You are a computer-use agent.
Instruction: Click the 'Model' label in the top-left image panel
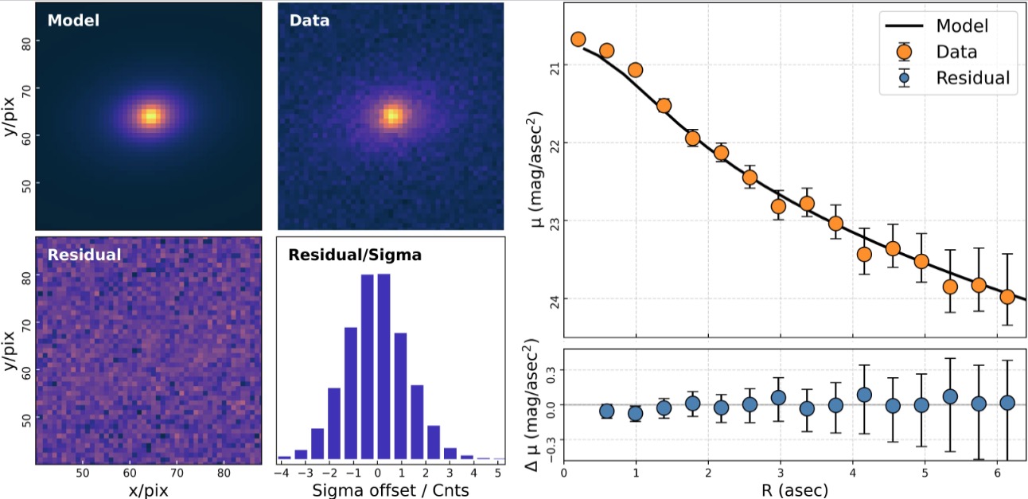[x=73, y=21]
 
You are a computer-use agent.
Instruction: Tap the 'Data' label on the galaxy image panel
[x=310, y=21]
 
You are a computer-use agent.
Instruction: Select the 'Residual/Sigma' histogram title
[x=355, y=255]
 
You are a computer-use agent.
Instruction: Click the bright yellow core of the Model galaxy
[x=150, y=116]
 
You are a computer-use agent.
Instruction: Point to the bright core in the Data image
[x=392, y=115]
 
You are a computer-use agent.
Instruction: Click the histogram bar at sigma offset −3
[x=317, y=444]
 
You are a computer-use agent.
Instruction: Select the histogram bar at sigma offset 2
[x=417, y=422]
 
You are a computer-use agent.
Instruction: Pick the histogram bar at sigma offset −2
[x=334, y=423]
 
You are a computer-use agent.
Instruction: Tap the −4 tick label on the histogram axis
[x=282, y=473]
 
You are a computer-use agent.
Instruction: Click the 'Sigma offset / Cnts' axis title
[x=391, y=490]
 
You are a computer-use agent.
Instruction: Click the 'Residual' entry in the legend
[x=973, y=78]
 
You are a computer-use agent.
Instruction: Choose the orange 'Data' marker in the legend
[x=904, y=52]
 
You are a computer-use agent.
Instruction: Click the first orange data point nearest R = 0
[x=578, y=39]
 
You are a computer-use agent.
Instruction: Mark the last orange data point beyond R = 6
[x=1007, y=297]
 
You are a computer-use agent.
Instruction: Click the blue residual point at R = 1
[x=635, y=414]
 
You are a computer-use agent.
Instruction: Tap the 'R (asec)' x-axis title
[x=795, y=489]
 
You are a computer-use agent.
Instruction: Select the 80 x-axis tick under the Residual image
[x=224, y=473]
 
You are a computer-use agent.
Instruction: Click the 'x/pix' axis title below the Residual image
[x=148, y=490]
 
